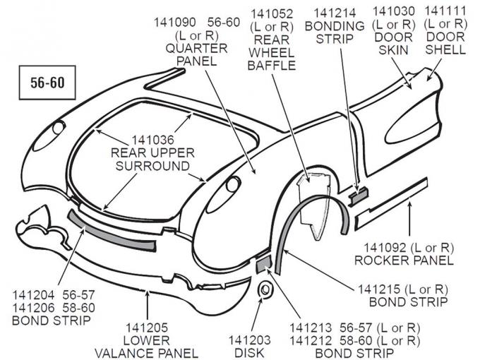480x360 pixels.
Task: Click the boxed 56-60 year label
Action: point(47,83)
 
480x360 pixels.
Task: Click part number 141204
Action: point(34,294)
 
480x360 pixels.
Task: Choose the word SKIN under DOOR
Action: point(394,49)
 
